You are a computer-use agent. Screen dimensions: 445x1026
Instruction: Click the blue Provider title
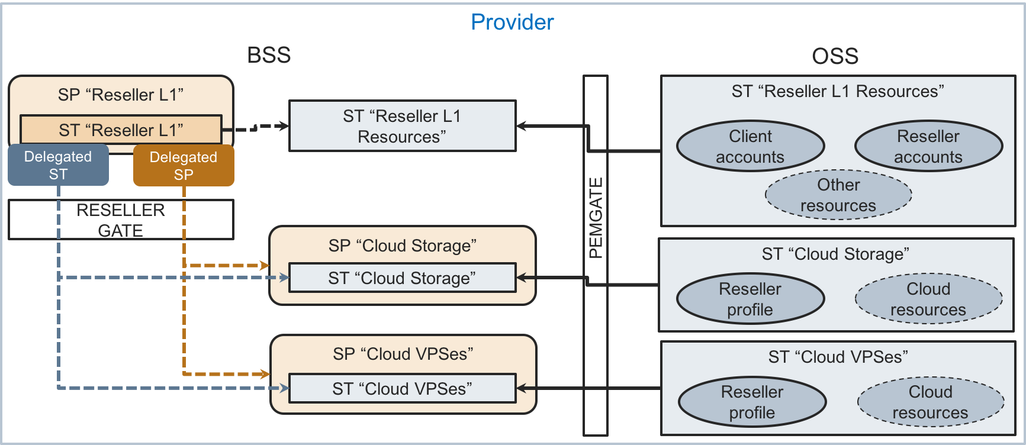pos(512,22)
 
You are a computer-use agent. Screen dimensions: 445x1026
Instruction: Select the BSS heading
pos(269,55)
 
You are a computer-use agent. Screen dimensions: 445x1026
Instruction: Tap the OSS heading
pos(835,56)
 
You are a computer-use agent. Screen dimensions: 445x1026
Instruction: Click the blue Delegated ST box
pos(58,165)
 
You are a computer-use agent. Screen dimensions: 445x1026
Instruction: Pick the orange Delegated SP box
pos(184,166)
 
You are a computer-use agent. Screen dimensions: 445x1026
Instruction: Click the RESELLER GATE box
pos(121,220)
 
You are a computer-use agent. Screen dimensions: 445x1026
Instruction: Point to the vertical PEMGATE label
pos(596,218)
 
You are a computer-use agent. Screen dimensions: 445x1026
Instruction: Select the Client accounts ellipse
pos(750,146)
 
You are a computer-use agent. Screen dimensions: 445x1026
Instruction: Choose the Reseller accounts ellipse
pos(928,146)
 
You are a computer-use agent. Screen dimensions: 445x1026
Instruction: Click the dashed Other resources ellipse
pos(838,195)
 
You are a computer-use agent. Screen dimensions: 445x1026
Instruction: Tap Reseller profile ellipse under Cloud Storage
pos(750,299)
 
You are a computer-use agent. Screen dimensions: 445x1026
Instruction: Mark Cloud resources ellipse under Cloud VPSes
pos(930,402)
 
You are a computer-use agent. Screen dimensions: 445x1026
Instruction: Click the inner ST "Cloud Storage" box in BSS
pos(402,278)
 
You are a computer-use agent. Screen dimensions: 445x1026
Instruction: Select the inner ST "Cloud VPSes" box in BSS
pos(402,389)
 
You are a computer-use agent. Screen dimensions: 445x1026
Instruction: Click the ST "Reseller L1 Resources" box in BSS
pos(402,126)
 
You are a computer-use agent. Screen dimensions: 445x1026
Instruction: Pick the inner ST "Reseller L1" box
pos(121,130)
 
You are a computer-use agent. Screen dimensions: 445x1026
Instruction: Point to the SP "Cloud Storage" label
pos(403,246)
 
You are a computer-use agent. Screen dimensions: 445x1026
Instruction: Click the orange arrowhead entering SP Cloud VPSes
pos(265,374)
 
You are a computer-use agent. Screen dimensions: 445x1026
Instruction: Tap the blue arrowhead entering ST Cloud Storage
pos(284,277)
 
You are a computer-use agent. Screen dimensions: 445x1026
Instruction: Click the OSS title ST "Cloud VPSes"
pos(838,357)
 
